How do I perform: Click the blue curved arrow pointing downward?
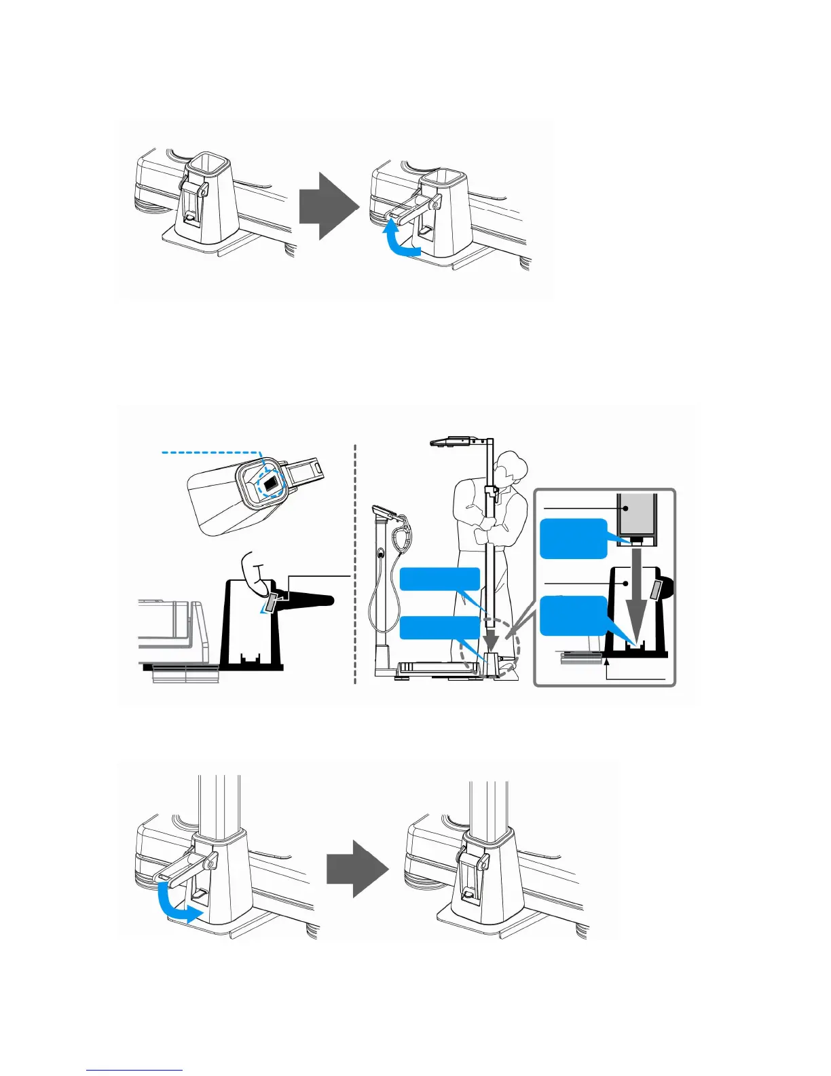tap(175, 903)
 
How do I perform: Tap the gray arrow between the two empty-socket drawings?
tap(328, 206)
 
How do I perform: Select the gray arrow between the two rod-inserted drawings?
tap(357, 866)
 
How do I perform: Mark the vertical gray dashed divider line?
tap(355, 564)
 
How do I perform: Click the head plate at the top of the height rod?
tap(451, 442)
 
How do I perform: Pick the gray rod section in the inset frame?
tap(636, 514)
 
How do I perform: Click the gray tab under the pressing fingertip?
tap(271, 601)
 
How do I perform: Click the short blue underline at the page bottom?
tap(134, 1070)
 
